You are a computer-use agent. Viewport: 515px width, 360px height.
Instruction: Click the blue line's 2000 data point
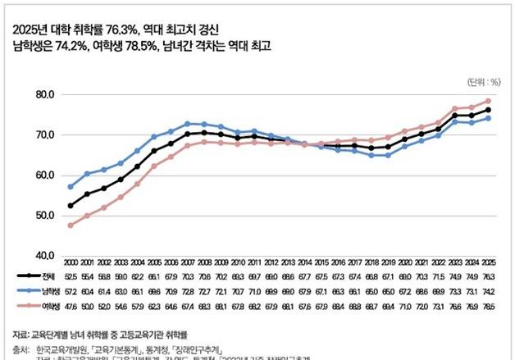[x=71, y=187]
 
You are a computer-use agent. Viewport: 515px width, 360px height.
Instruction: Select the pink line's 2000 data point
[x=71, y=226]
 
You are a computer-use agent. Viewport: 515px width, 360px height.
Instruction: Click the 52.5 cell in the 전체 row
[x=71, y=278]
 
